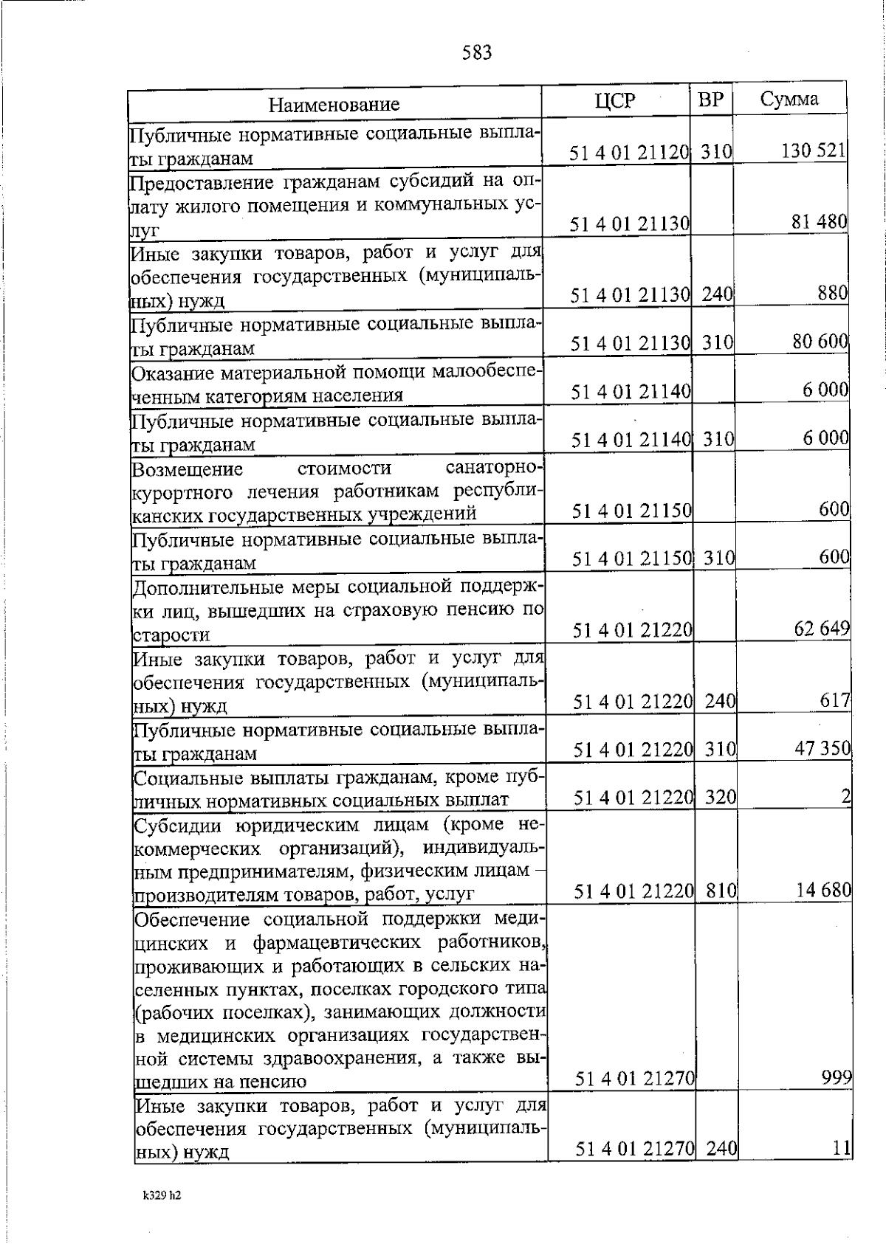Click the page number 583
476,53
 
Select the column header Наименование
334,104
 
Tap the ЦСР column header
614,100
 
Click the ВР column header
710,99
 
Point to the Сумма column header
789,99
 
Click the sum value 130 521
813,151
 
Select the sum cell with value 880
832,293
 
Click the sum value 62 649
822,629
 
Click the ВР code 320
721,797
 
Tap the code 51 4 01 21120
629,153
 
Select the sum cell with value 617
835,700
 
